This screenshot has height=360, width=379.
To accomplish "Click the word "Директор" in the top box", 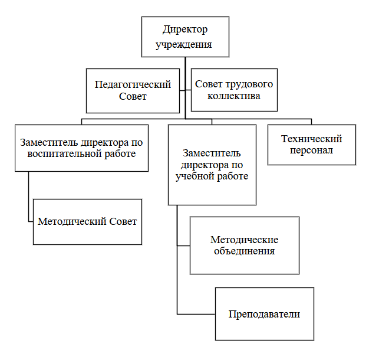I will pos(186,30).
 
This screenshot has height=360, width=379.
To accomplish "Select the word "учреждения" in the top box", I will pos(184,44).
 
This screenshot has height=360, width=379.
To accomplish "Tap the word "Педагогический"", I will pos(133,84).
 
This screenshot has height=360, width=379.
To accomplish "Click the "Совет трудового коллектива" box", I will pos(234,90).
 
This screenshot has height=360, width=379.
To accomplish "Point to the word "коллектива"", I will pos(234,96).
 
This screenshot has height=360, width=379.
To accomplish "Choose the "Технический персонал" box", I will pos(312,145).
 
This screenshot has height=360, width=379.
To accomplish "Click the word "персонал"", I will pos(312,150).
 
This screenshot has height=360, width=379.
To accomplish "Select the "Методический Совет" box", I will pos(87,222).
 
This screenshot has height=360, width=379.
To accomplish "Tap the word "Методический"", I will pos(72,222).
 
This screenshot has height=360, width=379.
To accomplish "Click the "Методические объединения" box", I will pos(244,246).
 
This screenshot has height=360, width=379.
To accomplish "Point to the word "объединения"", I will pos(244,251).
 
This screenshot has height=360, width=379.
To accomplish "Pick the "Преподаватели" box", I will pos(264,313).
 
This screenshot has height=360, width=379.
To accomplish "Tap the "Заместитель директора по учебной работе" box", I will pos(212,164).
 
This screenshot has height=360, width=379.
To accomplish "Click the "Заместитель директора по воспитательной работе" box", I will pos(81,148).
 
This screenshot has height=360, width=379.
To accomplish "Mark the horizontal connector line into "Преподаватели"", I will pos(196,314).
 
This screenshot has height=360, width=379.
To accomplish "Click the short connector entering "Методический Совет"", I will pos(31,222).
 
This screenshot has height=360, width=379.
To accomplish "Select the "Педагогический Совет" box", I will pos(133,90).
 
